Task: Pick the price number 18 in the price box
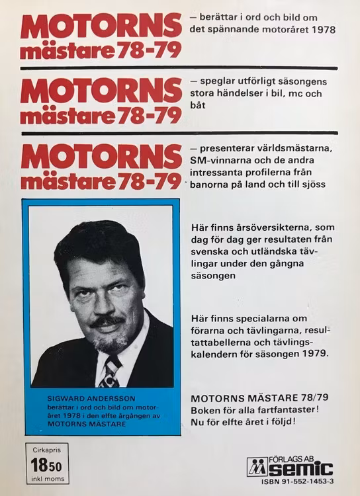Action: [x=40, y=465]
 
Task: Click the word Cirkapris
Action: [x=47, y=450]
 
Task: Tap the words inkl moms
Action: [x=47, y=479]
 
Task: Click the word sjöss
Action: [x=311, y=185]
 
